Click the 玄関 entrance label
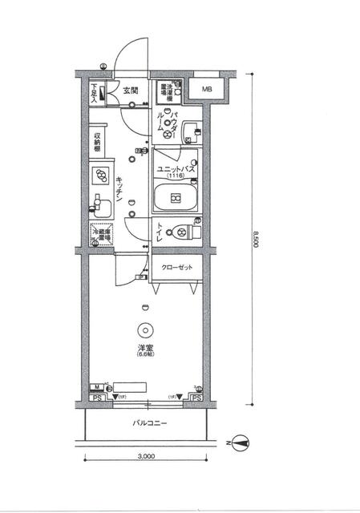[131, 91]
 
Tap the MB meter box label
[207, 90]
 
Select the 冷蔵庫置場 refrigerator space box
[100, 234]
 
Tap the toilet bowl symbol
[180, 232]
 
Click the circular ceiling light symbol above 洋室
[144, 329]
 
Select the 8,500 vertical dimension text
[256, 240]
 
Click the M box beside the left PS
[95, 388]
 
